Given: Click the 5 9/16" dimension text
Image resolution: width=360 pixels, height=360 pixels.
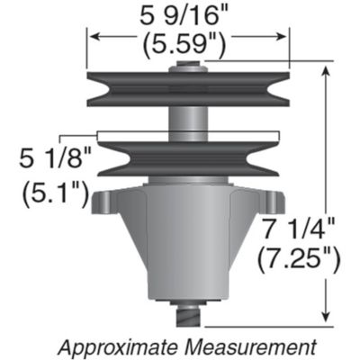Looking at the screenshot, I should pos(188,14).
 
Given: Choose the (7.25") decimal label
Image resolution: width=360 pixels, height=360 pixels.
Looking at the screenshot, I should pos(298,261).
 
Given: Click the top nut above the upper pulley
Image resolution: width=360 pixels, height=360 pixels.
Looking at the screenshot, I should pos(189,66).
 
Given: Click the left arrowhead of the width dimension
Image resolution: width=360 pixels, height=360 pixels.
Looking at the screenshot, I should pos(91,37).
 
